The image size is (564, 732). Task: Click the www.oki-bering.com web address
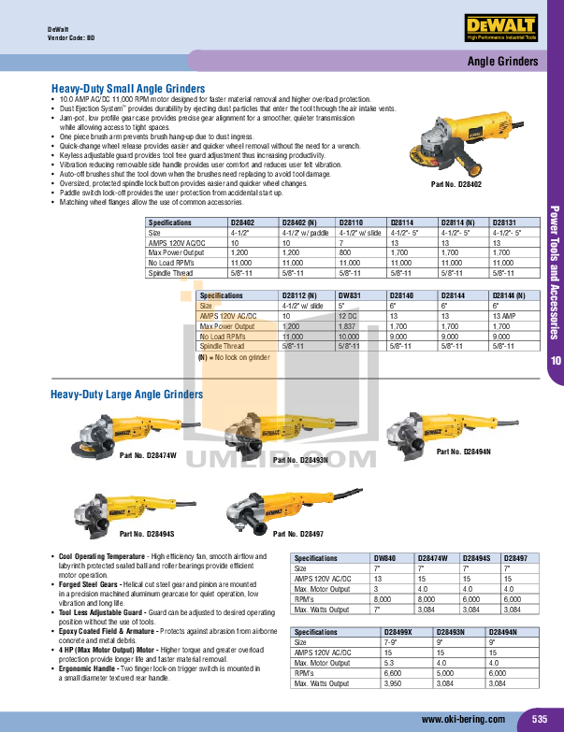(463, 719)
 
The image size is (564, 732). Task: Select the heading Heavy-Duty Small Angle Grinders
(127, 89)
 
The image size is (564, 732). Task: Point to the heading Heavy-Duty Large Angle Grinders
(126, 395)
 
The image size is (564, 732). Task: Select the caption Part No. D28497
(297, 534)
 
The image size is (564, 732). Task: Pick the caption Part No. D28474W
(148, 455)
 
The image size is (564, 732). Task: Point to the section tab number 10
(556, 362)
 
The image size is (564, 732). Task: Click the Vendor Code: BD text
(71, 38)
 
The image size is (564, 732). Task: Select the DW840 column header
(385, 557)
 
